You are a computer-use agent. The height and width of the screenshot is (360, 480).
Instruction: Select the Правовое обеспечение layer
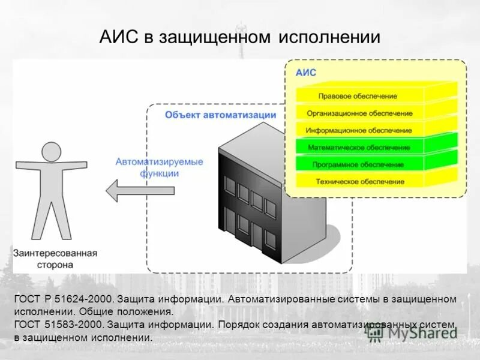[358, 96]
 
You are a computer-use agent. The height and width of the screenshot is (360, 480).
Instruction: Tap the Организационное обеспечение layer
[359, 113]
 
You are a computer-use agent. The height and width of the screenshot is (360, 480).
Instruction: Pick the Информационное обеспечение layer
[359, 130]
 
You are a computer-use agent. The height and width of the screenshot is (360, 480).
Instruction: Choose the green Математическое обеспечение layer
[359, 147]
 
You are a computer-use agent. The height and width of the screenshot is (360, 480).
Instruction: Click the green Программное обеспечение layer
[358, 164]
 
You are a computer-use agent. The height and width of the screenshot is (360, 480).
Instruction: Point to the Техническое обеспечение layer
[359, 181]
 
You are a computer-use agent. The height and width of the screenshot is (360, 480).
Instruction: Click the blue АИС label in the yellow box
[306, 73]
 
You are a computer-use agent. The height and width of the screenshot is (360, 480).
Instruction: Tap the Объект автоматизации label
[221, 115]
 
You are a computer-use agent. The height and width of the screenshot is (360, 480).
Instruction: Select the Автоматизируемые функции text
[159, 167]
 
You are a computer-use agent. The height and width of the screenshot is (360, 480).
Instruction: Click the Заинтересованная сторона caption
[55, 259]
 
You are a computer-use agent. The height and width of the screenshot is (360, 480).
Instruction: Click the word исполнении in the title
[329, 37]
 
